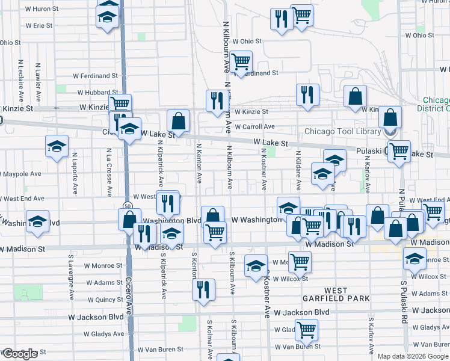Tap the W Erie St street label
pyautogui.click(x=40, y=26)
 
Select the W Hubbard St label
pyautogui.click(x=97, y=93)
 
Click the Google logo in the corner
pyautogui.click(x=20, y=354)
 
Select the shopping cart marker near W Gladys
pyautogui.click(x=307, y=329)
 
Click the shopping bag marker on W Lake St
pyautogui.click(x=179, y=121)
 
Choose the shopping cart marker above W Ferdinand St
pyautogui.click(x=241, y=62)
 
